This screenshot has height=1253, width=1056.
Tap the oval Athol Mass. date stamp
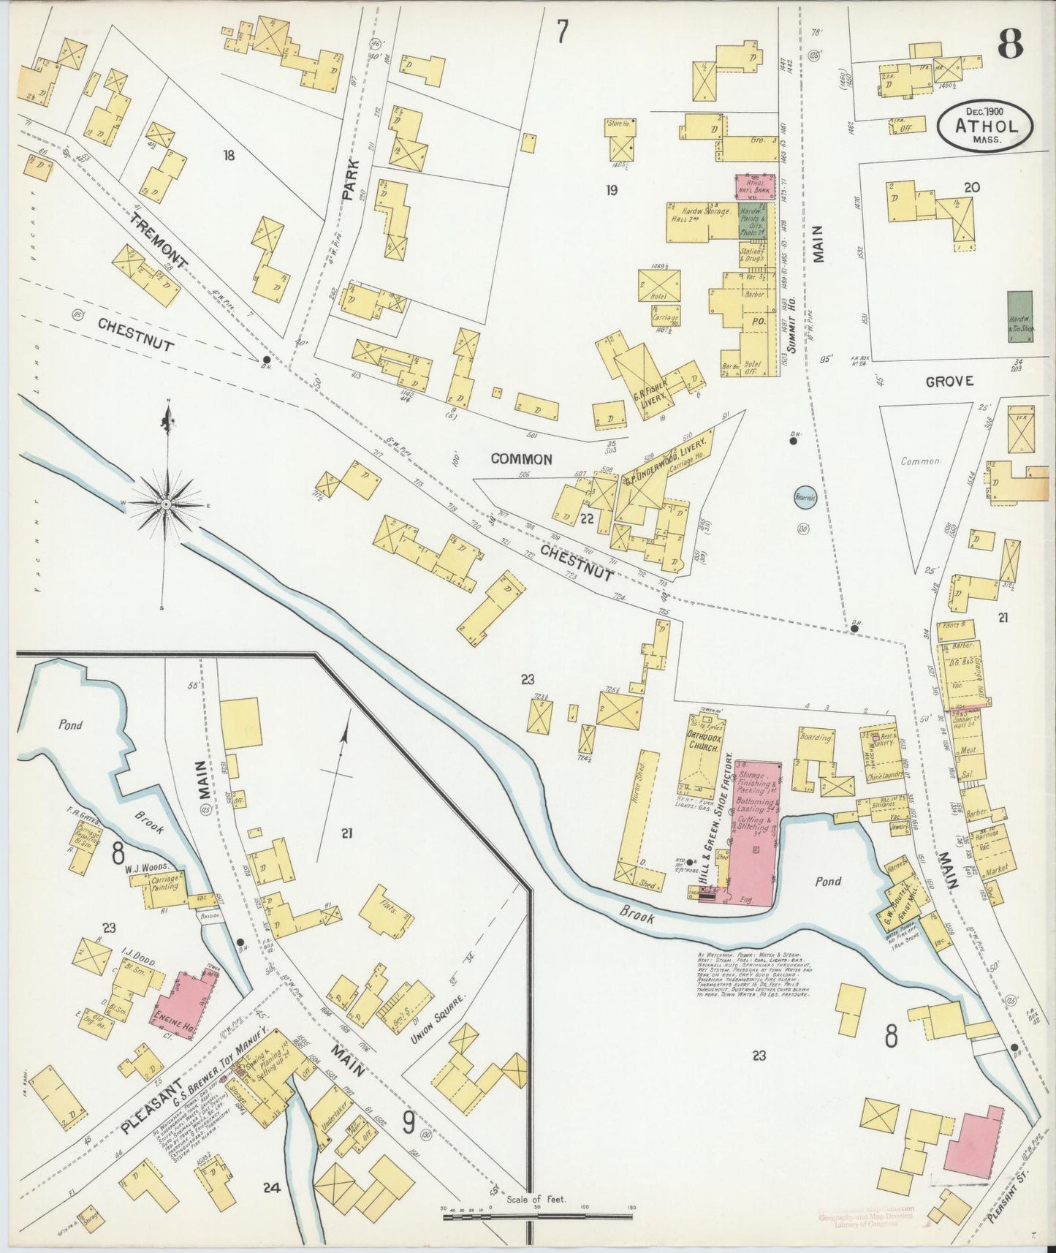click(x=986, y=126)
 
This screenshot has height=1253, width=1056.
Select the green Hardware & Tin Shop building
click(x=1019, y=316)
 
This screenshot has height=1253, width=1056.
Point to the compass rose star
click(x=167, y=504)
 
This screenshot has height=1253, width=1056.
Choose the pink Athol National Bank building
click(x=753, y=187)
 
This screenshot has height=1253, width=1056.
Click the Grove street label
click(x=949, y=381)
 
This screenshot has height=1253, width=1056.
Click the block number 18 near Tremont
click(x=229, y=155)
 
